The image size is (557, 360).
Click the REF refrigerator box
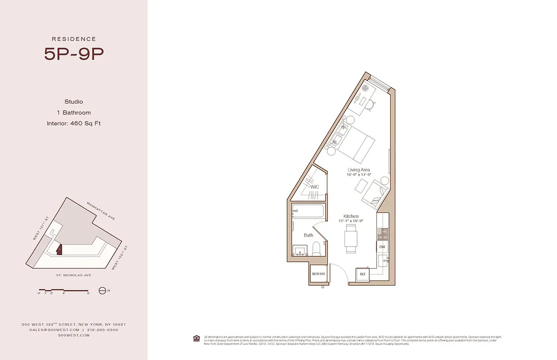pos(362,274)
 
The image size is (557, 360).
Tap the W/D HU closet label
pos(318,274)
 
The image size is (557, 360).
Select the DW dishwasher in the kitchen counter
pos(382,247)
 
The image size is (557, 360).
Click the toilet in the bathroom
pos(316,248)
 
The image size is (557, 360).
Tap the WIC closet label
pos(314,187)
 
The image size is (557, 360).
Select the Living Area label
pos(359,170)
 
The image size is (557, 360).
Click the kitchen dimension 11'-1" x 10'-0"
pos(351,221)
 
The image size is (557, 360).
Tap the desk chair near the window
pos(369,104)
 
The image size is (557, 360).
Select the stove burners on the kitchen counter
pos(382,234)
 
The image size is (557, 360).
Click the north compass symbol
pos(102,290)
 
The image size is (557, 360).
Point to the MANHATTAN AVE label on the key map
pos(101,211)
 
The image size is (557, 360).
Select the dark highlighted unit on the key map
pos(59,249)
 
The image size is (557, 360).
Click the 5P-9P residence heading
pos(74,54)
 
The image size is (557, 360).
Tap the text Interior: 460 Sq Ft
pos(73,123)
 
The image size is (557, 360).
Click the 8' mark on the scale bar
pos(89,293)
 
